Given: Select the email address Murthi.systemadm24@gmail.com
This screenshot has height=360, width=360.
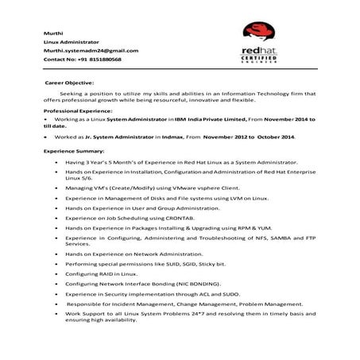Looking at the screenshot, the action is (91, 50).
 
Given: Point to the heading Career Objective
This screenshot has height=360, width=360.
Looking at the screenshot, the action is (69, 83).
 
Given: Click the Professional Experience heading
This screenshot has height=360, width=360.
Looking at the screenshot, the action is (78, 111).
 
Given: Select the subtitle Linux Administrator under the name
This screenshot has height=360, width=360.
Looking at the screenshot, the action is (72, 41).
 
